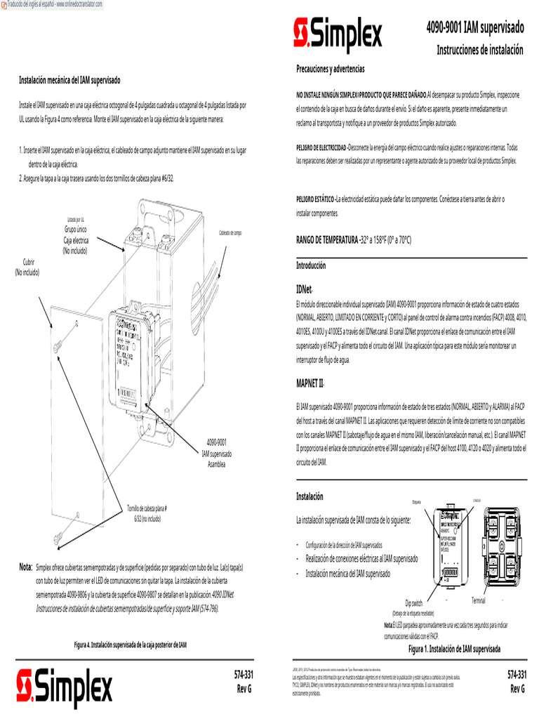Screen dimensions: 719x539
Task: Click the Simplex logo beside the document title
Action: [x=338, y=33]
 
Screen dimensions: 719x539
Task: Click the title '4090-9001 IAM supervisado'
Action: [x=475, y=28]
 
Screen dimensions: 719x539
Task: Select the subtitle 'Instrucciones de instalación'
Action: [x=480, y=50]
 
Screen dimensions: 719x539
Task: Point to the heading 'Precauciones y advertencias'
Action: [x=331, y=69]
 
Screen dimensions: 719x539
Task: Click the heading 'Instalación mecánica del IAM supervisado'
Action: [x=69, y=81]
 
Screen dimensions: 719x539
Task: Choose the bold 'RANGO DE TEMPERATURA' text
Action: [x=327, y=239]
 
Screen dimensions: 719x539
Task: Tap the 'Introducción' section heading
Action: [x=311, y=266]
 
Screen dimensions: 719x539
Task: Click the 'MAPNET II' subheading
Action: [x=310, y=383]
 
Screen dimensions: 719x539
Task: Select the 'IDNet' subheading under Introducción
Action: [x=304, y=289]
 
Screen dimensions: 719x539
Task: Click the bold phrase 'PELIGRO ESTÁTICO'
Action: [x=315, y=199]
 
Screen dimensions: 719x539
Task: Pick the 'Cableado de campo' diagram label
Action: [x=230, y=232]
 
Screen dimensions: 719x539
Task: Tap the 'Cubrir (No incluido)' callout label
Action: [x=27, y=268]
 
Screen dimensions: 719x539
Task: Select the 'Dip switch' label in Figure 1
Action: [x=413, y=603]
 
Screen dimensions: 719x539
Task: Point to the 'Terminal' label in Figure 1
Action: [x=478, y=600]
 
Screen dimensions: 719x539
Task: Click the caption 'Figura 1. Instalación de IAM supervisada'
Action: [x=454, y=649]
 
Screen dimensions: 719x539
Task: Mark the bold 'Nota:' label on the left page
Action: [x=26, y=566]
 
